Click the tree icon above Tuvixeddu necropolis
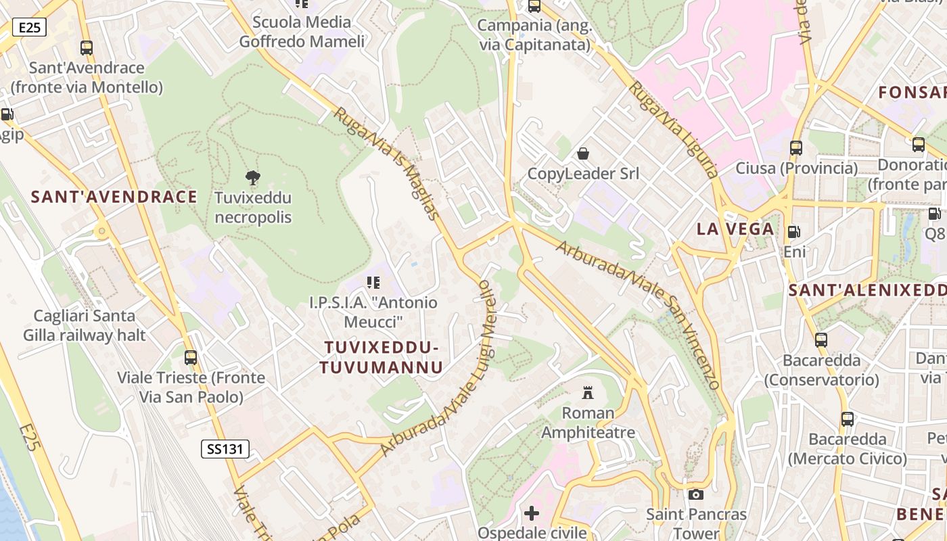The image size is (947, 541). [253, 178]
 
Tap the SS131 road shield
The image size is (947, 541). [225, 448]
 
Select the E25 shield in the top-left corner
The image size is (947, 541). [29, 28]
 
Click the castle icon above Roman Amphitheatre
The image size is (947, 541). [587, 392]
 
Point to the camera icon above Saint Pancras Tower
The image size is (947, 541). [695, 494]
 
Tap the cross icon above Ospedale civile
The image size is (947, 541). [532, 513]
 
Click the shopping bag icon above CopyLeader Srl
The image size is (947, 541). [582, 154]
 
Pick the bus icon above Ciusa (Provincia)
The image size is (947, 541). [796, 147]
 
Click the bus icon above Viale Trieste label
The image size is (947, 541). [191, 357]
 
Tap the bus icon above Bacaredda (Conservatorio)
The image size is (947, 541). [821, 340]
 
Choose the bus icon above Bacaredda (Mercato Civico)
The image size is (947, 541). [848, 419]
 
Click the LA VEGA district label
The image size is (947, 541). [735, 229]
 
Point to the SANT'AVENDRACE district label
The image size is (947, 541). [114, 197]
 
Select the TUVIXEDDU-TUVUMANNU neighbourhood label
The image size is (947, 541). [382, 357]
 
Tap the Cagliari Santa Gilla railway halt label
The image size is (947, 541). [85, 325]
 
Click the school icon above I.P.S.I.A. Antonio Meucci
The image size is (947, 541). [373, 282]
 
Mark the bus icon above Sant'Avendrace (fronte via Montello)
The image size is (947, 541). [87, 48]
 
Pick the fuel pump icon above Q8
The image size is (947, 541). [934, 214]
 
